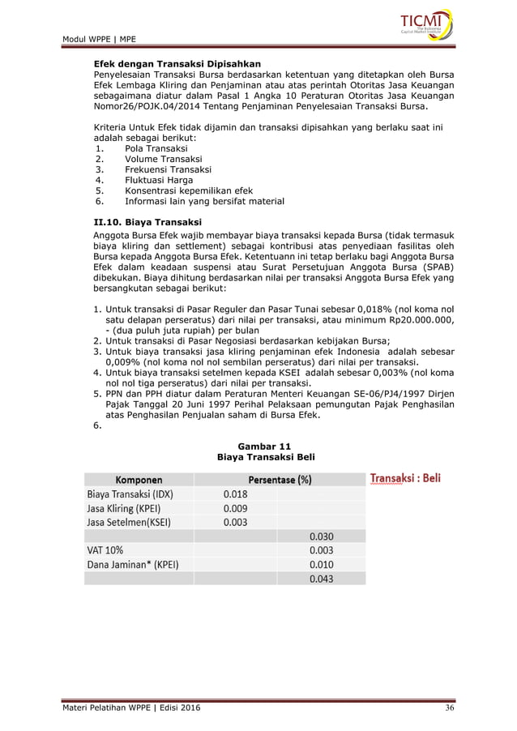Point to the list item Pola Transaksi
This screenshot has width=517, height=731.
coord(156,149)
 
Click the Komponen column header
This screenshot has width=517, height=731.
coord(137,479)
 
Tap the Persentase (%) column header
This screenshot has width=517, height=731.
coord(280,479)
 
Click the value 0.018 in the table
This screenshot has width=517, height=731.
coord(235,494)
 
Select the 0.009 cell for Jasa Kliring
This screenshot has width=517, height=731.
coord(235,508)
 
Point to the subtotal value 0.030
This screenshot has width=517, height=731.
coord(322,536)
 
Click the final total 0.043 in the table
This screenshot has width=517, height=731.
coord(322,579)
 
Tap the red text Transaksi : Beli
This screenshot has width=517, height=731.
coord(405,478)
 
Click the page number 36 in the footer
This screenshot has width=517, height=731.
coord(451,709)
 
